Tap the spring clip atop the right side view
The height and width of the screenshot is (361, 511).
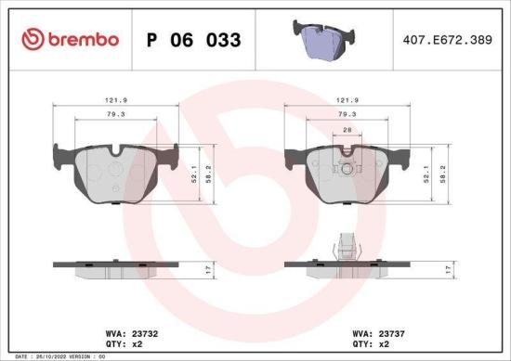coord(346,246)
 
